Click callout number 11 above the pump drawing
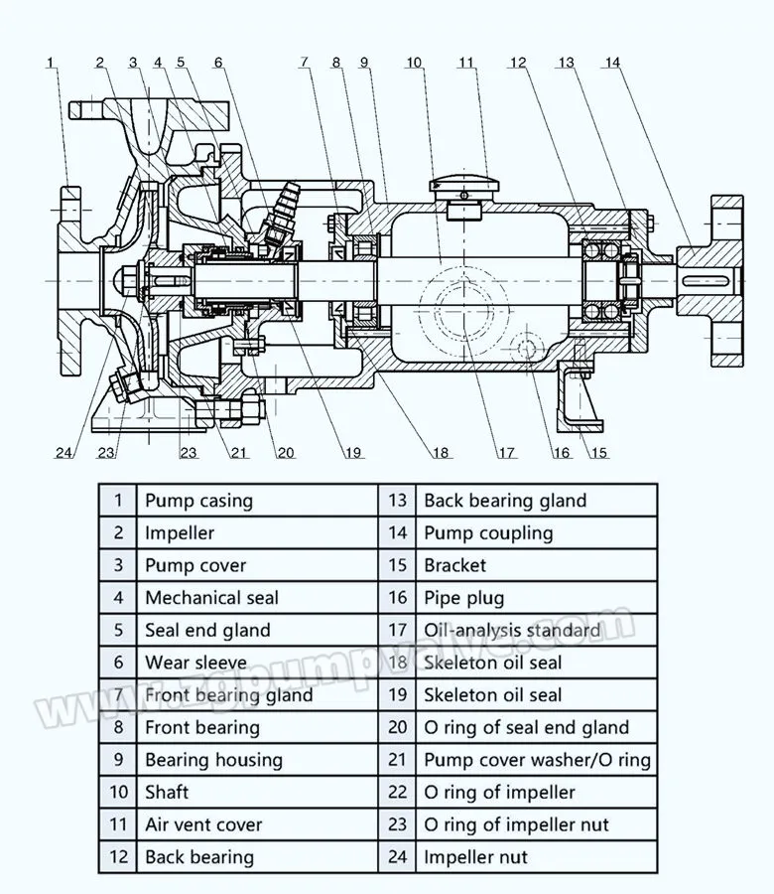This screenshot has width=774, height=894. click(467, 64)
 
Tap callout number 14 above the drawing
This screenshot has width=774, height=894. click(612, 64)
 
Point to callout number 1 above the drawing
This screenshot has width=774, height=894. click(52, 64)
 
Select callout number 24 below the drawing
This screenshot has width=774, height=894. click(64, 454)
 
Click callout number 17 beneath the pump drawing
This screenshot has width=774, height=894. click(507, 454)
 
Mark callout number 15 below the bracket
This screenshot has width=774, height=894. click(599, 454)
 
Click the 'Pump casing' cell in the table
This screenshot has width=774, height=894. click(198, 501)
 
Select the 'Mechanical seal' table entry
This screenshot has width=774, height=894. click(211, 598)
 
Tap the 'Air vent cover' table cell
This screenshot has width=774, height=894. click(203, 824)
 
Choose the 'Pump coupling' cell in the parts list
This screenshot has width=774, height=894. click(488, 533)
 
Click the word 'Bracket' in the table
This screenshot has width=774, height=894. click(455, 566)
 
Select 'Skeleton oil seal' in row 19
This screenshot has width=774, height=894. click(492, 695)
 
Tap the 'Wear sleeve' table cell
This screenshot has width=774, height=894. click(193, 663)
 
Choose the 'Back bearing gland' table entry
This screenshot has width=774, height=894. click(505, 501)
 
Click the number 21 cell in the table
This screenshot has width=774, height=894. click(397, 760)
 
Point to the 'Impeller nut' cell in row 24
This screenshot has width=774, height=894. click(475, 857)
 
